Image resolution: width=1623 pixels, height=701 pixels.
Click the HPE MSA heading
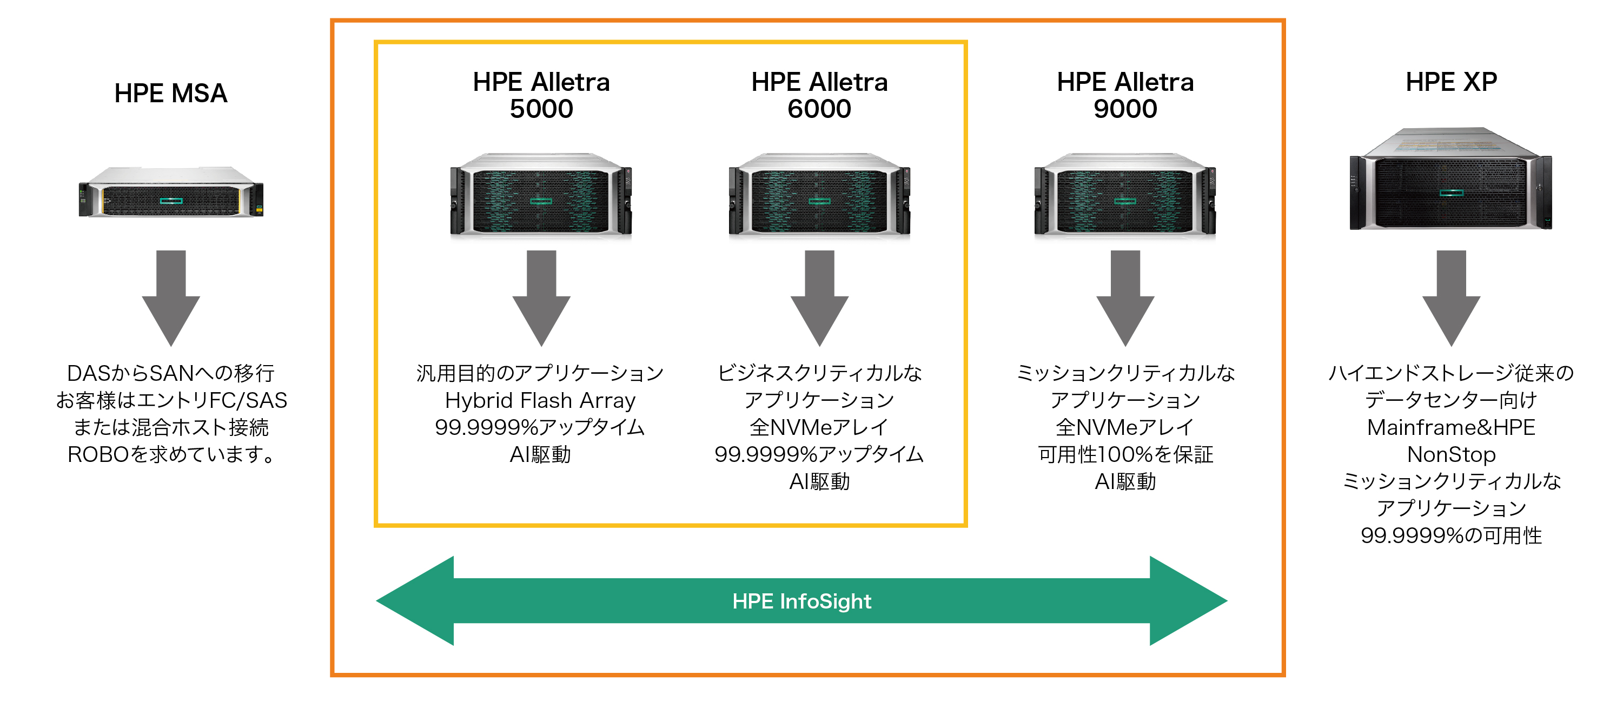point(171,93)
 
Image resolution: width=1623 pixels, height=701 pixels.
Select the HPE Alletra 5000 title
point(541,95)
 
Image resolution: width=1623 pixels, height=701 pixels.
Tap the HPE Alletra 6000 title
point(819,95)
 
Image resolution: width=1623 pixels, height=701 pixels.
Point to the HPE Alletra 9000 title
point(1125,95)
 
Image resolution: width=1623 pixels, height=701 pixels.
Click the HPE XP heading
point(1451,82)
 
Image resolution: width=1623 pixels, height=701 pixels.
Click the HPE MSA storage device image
point(171,192)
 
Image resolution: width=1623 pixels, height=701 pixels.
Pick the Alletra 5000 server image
point(541,194)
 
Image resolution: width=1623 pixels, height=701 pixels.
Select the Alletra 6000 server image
point(819,194)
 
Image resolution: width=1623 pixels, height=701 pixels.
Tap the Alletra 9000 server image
point(1125,194)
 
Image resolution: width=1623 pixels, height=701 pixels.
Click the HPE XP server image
point(1451,179)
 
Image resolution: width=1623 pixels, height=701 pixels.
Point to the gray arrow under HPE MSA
point(171,297)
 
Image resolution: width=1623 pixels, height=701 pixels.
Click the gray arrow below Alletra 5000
point(541,297)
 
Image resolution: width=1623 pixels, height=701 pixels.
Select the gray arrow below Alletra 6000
point(819,297)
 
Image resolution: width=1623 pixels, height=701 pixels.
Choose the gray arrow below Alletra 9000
point(1125,297)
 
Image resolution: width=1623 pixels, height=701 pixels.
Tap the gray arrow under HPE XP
point(1451,297)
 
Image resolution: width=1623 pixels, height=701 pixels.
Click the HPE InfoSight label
point(801,601)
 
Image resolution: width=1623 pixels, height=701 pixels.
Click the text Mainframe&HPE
point(1451,427)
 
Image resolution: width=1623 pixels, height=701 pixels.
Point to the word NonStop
point(1451,454)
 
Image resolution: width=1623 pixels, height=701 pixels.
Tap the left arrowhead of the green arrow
point(416,601)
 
